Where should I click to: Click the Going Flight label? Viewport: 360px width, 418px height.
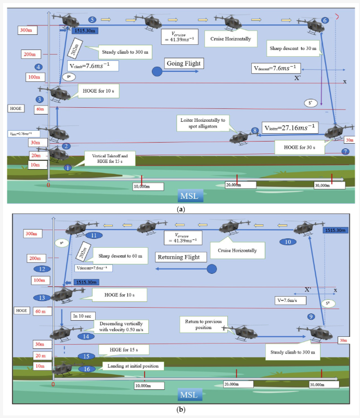tap(183, 64)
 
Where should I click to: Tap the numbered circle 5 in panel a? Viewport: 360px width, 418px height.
tap(92, 20)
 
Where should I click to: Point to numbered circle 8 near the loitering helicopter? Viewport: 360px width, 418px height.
tap(254, 131)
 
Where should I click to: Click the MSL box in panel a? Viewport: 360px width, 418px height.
tap(189, 196)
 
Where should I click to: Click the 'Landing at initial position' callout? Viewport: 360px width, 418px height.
tap(133, 366)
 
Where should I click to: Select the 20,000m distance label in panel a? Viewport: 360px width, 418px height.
tap(240, 185)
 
